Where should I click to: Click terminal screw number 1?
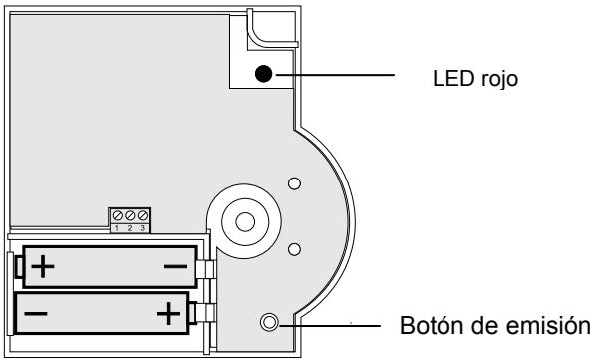pyautogui.click(x=118, y=216)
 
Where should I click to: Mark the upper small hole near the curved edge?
pyautogui.click(x=293, y=183)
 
